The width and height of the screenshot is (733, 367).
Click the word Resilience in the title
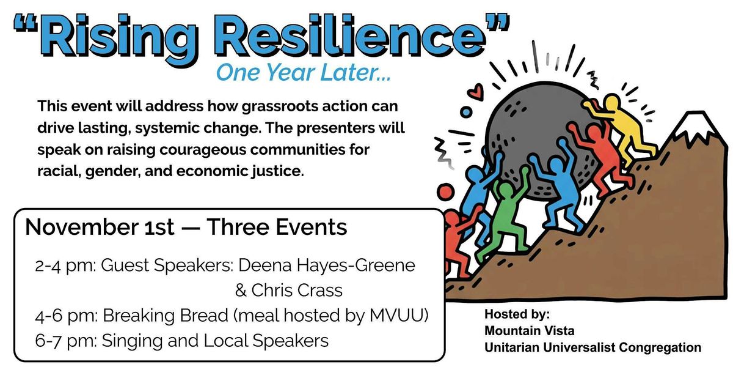pyautogui.click(x=349, y=35)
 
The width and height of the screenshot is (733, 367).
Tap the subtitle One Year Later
pyautogui.click(x=304, y=73)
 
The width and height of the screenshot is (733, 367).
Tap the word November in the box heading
pyautogui.click(x=82, y=227)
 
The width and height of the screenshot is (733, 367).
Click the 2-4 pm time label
pyautogui.click(x=65, y=266)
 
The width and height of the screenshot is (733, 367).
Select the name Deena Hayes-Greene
pyautogui.click(x=327, y=265)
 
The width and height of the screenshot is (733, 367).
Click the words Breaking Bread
pyautogui.click(x=166, y=316)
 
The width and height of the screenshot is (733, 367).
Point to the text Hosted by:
pyautogui.click(x=517, y=314)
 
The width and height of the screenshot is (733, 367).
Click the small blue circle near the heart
pyautogui.click(x=466, y=113)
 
